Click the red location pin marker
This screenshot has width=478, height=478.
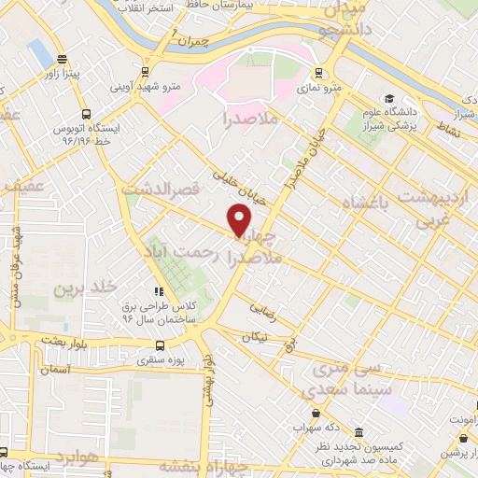click(239, 221)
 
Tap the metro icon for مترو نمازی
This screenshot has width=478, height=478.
click(318, 73)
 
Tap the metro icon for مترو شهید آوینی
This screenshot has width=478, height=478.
click(144, 71)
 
